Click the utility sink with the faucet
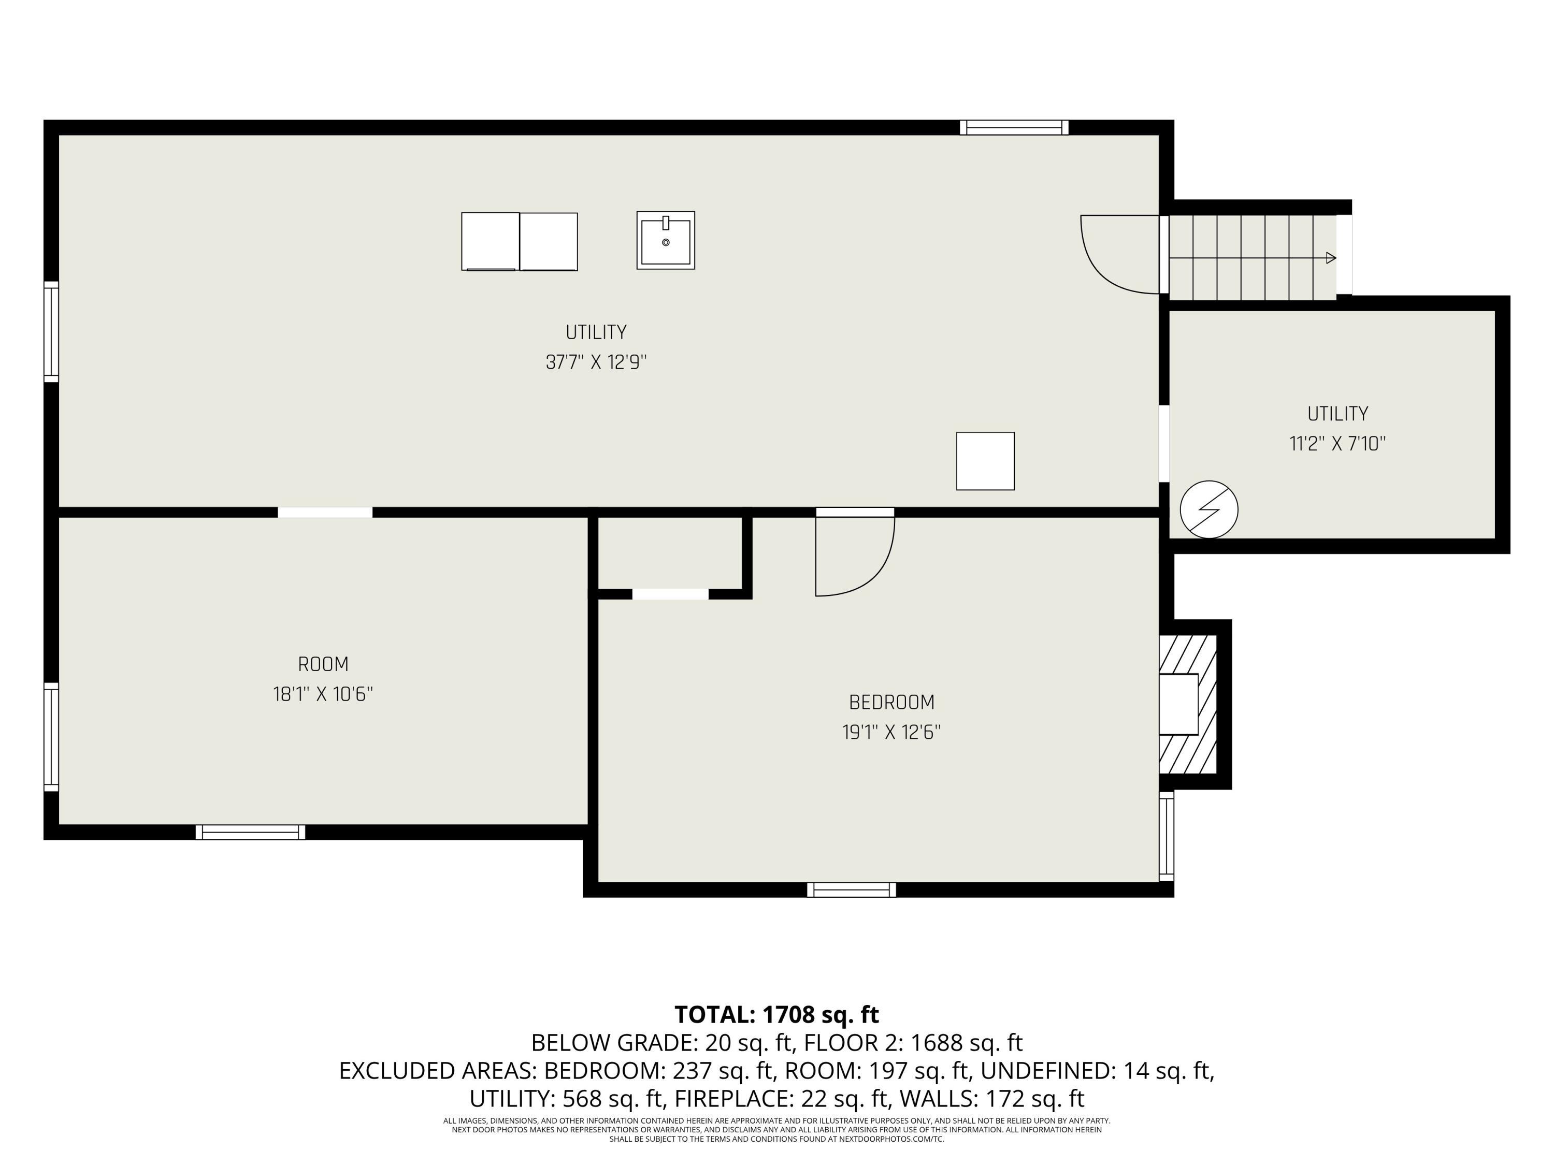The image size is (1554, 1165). (x=665, y=240)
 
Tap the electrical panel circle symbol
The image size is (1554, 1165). (x=1208, y=509)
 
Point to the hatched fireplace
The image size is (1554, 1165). (x=1189, y=704)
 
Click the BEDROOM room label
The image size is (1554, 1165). (x=891, y=702)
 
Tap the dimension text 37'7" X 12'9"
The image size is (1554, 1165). (x=596, y=362)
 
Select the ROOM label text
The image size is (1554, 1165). (x=323, y=664)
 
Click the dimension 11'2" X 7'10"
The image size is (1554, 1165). (x=1337, y=444)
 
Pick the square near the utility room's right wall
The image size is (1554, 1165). (x=985, y=461)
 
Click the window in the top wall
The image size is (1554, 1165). (x=1014, y=127)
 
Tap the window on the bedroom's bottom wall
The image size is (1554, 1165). (x=852, y=890)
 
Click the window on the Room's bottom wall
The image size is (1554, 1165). (x=250, y=832)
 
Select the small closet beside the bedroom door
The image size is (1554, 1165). (x=669, y=554)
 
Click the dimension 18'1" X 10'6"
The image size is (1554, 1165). (x=323, y=694)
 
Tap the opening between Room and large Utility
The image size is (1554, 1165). (x=325, y=512)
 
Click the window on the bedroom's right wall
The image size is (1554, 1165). (x=1166, y=836)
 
